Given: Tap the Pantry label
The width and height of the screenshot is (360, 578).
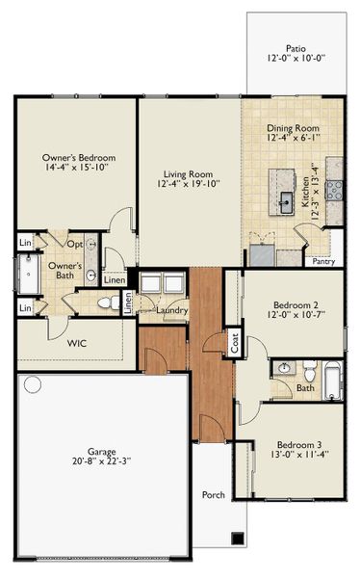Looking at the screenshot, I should (322, 260).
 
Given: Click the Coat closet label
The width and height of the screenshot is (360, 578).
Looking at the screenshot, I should (233, 343).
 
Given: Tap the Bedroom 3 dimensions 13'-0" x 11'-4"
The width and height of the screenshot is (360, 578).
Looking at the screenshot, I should (296, 458).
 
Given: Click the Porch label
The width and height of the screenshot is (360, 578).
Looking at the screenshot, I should (213, 495).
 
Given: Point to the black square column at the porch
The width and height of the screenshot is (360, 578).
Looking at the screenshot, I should (238, 538).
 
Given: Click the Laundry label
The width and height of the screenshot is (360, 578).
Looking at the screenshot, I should (170, 310).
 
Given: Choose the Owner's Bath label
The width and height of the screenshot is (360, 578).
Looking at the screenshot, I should (64, 271).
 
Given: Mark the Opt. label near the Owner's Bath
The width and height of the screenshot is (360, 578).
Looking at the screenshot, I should (74, 244).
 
